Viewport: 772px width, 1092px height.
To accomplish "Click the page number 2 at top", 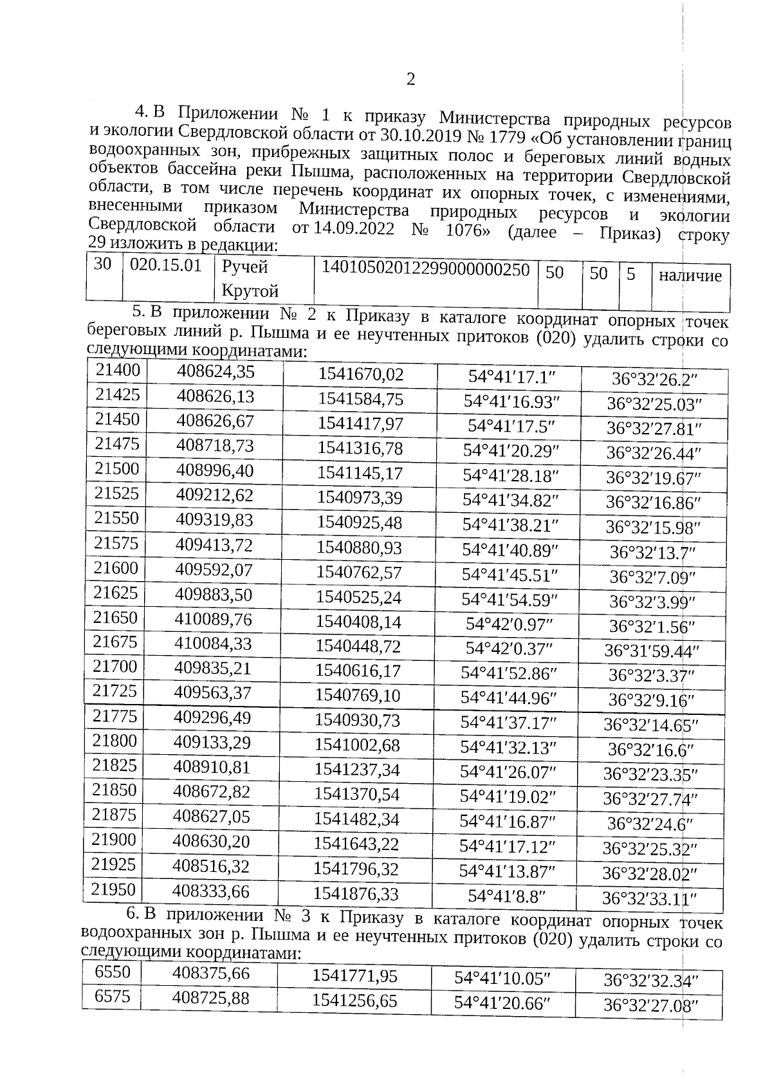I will [x=410, y=80].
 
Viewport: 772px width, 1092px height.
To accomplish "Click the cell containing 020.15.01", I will [x=166, y=266].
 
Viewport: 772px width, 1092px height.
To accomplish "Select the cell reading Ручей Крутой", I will [x=251, y=279].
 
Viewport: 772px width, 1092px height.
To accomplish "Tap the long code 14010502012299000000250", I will [x=425, y=270].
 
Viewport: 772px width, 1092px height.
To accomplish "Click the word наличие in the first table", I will [x=690, y=276].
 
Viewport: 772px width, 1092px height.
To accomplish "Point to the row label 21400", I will [x=118, y=370].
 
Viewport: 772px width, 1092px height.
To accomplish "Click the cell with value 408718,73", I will [x=216, y=446].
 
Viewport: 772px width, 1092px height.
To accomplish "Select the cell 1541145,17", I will [x=360, y=474].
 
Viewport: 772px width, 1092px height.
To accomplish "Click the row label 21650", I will [x=116, y=618].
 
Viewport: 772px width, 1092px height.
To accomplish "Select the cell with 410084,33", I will [x=213, y=643].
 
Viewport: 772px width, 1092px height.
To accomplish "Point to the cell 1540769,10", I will [x=358, y=696].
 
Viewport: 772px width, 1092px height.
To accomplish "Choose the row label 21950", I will [x=113, y=889].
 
